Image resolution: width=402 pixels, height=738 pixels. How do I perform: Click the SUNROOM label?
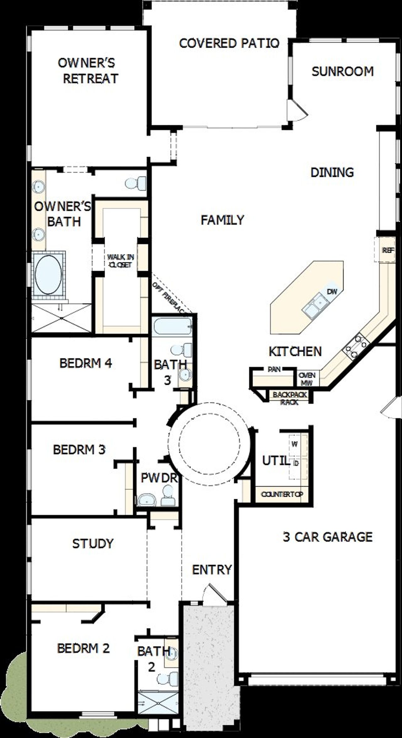(x=342, y=72)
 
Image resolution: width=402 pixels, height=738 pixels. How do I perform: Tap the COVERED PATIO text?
(x=229, y=43)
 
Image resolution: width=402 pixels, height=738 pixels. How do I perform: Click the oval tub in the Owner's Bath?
(x=48, y=275)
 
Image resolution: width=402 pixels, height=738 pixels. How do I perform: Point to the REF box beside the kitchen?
(x=388, y=250)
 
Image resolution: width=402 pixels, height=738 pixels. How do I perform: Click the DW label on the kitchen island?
(x=332, y=292)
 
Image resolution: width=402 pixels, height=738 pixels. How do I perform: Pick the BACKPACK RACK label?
(x=289, y=398)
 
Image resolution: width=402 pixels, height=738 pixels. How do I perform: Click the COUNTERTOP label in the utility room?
(x=282, y=494)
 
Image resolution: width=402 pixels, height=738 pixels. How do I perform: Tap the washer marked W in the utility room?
(x=295, y=444)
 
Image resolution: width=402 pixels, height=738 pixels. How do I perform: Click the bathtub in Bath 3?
(x=172, y=327)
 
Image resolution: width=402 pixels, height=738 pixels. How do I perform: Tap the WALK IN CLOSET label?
(x=121, y=261)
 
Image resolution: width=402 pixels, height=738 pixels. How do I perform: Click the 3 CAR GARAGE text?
(x=328, y=537)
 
